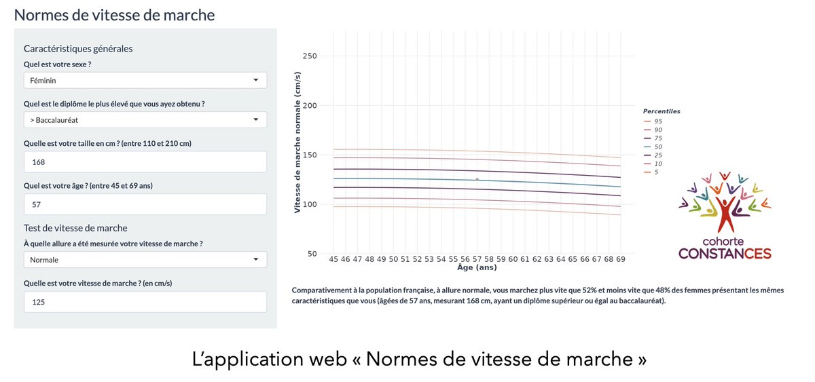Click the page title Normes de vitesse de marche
click(114, 14)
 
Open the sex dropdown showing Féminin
click(145, 80)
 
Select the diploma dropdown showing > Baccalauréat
click(145, 120)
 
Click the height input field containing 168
click(145, 162)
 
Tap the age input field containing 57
click(145, 204)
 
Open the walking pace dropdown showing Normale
click(145, 260)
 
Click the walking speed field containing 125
click(145, 302)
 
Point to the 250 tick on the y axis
click(309, 56)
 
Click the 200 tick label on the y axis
click(309, 106)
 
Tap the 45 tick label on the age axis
click(333, 259)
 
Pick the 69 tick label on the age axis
click(620, 259)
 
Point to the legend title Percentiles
click(662, 111)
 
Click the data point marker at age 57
click(477, 180)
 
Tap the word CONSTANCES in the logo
click(725, 254)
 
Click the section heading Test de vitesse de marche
click(75, 228)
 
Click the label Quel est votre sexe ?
click(57, 64)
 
